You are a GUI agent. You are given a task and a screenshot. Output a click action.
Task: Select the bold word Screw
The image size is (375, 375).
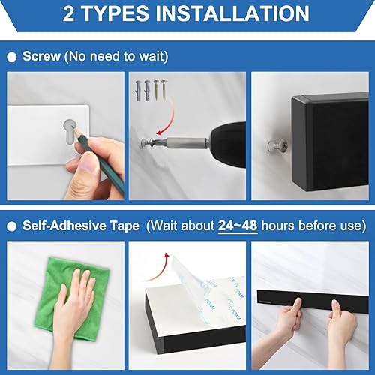coord(43,55)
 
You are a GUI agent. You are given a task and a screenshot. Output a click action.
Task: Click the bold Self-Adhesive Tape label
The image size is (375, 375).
coord(81,225)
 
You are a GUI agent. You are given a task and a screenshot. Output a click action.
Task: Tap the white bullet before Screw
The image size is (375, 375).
coord(12,56)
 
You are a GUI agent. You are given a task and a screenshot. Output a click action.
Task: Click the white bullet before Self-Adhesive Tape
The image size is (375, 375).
coord(12,226)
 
